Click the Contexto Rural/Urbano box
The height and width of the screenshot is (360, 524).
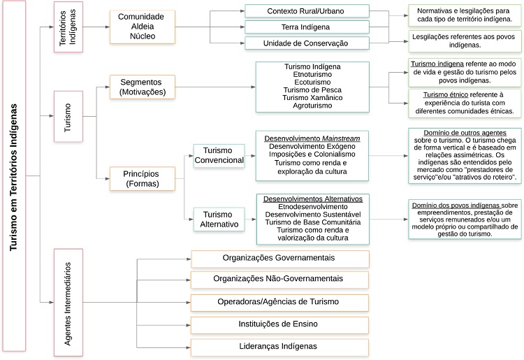[307, 11]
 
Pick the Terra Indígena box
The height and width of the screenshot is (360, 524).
[307, 27]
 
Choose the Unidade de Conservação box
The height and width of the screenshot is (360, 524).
[307, 43]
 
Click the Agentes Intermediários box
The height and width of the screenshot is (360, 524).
[69, 302]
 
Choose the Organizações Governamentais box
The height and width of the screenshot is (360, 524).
[279, 258]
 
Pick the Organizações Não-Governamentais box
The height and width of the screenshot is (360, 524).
[279, 279]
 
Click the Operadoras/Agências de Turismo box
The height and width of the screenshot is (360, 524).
[279, 301]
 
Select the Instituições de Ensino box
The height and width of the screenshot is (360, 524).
[279, 324]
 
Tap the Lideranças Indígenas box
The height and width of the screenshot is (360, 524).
[279, 346]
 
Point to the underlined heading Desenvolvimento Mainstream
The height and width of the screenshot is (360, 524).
[313, 138]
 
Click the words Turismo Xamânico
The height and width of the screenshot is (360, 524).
[313, 97]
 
